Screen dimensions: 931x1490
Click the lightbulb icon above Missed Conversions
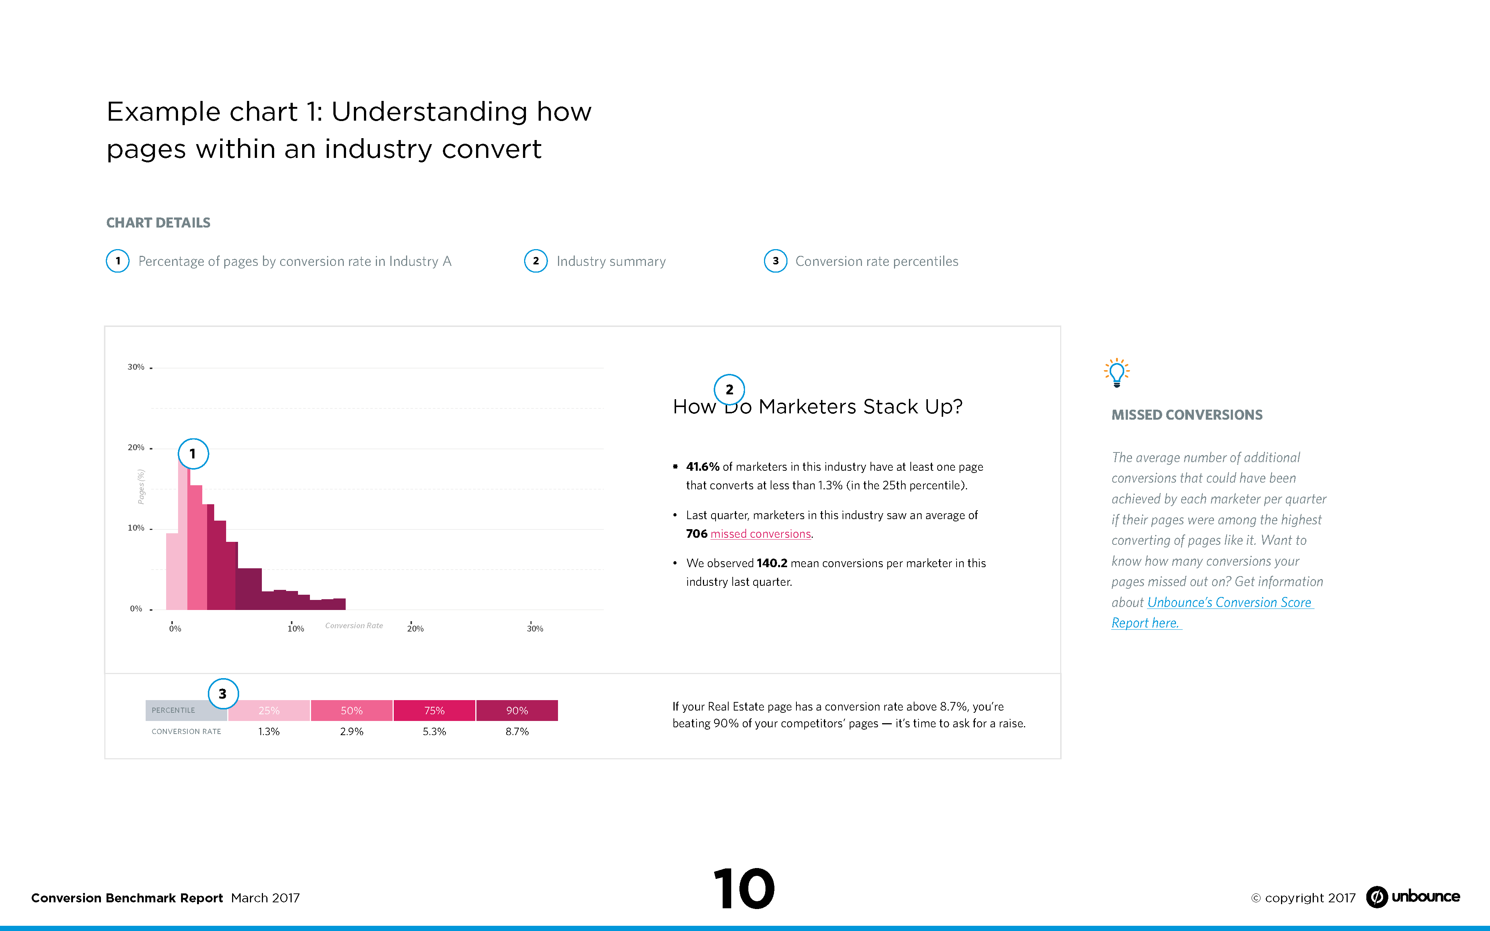[x=1116, y=372]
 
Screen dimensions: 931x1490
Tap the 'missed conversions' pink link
[x=760, y=534]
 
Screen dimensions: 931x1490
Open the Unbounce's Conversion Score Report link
[x=1229, y=603]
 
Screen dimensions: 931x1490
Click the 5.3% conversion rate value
[x=434, y=731]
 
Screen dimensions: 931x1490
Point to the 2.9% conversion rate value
[x=352, y=731]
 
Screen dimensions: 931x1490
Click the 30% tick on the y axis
[x=136, y=367]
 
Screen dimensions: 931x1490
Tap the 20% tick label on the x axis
[x=415, y=629]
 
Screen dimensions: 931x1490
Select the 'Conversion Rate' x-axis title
[x=354, y=626]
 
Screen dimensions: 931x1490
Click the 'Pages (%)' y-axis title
[x=141, y=486]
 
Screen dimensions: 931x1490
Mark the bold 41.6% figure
[x=703, y=467]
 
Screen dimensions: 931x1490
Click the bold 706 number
[x=696, y=534]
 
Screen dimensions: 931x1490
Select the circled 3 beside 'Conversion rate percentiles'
[x=775, y=261]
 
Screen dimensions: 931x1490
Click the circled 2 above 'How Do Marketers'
[x=729, y=389]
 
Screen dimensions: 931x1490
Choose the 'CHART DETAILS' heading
[x=158, y=223]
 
